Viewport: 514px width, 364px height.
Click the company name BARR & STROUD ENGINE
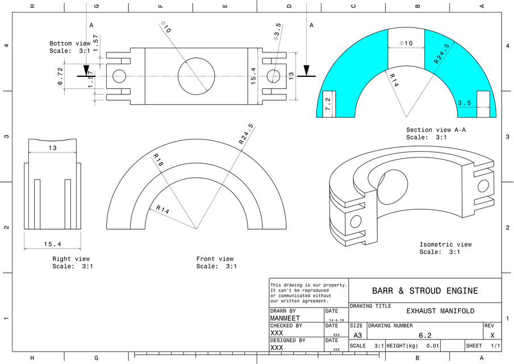coord(425,291)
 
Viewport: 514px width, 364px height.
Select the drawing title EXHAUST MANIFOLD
coord(440,311)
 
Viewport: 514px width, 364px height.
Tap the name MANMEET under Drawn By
coord(285,318)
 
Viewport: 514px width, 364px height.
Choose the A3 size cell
coord(357,335)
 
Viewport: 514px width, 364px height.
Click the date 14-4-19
coord(336,320)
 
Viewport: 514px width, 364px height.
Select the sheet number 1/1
coord(495,346)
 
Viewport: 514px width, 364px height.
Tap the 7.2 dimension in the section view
coord(328,104)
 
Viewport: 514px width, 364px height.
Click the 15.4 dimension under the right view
coord(51,244)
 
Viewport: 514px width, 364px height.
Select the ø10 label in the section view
coord(406,43)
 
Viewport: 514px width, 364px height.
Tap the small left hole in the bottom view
coord(119,76)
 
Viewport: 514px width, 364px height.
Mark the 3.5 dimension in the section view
coord(465,103)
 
